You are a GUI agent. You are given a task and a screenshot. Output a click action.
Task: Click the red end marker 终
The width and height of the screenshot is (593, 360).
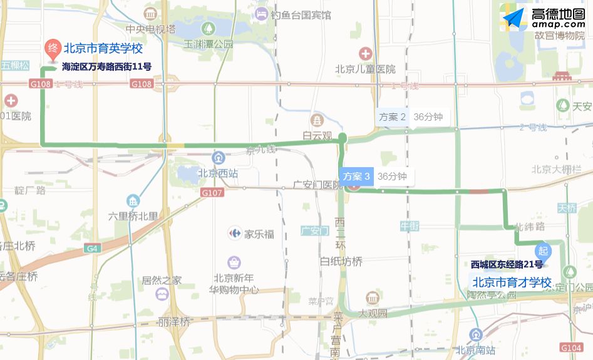click(53, 48)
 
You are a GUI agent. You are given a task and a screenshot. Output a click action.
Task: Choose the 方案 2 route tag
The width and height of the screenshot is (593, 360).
click(393, 116)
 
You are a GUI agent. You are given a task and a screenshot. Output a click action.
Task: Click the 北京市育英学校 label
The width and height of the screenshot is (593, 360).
click(103, 48)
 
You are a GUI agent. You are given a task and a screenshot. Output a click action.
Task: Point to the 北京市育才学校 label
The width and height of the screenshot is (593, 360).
click(511, 282)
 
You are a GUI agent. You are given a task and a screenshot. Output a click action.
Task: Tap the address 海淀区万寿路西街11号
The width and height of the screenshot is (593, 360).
click(106, 66)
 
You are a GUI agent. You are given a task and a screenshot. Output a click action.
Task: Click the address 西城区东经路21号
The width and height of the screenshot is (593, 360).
click(507, 265)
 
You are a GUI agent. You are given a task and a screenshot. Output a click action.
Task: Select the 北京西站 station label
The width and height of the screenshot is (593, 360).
click(218, 173)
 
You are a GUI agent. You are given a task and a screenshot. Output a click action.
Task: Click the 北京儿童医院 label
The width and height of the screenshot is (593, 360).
click(365, 69)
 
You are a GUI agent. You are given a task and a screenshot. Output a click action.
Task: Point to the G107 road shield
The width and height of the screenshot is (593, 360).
click(212, 193)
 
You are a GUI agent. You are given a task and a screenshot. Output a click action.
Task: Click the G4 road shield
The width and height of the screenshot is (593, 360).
click(92, 249)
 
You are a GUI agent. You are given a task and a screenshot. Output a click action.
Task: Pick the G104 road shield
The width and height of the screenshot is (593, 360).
click(570, 347)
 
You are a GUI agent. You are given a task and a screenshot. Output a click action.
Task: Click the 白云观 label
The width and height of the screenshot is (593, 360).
click(317, 135)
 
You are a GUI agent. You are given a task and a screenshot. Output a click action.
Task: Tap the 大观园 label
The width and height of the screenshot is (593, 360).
click(373, 312)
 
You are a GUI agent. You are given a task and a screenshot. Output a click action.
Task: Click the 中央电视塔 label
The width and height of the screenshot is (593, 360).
click(150, 29)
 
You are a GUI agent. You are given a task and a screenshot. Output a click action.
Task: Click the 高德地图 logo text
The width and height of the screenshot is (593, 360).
click(557, 15)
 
